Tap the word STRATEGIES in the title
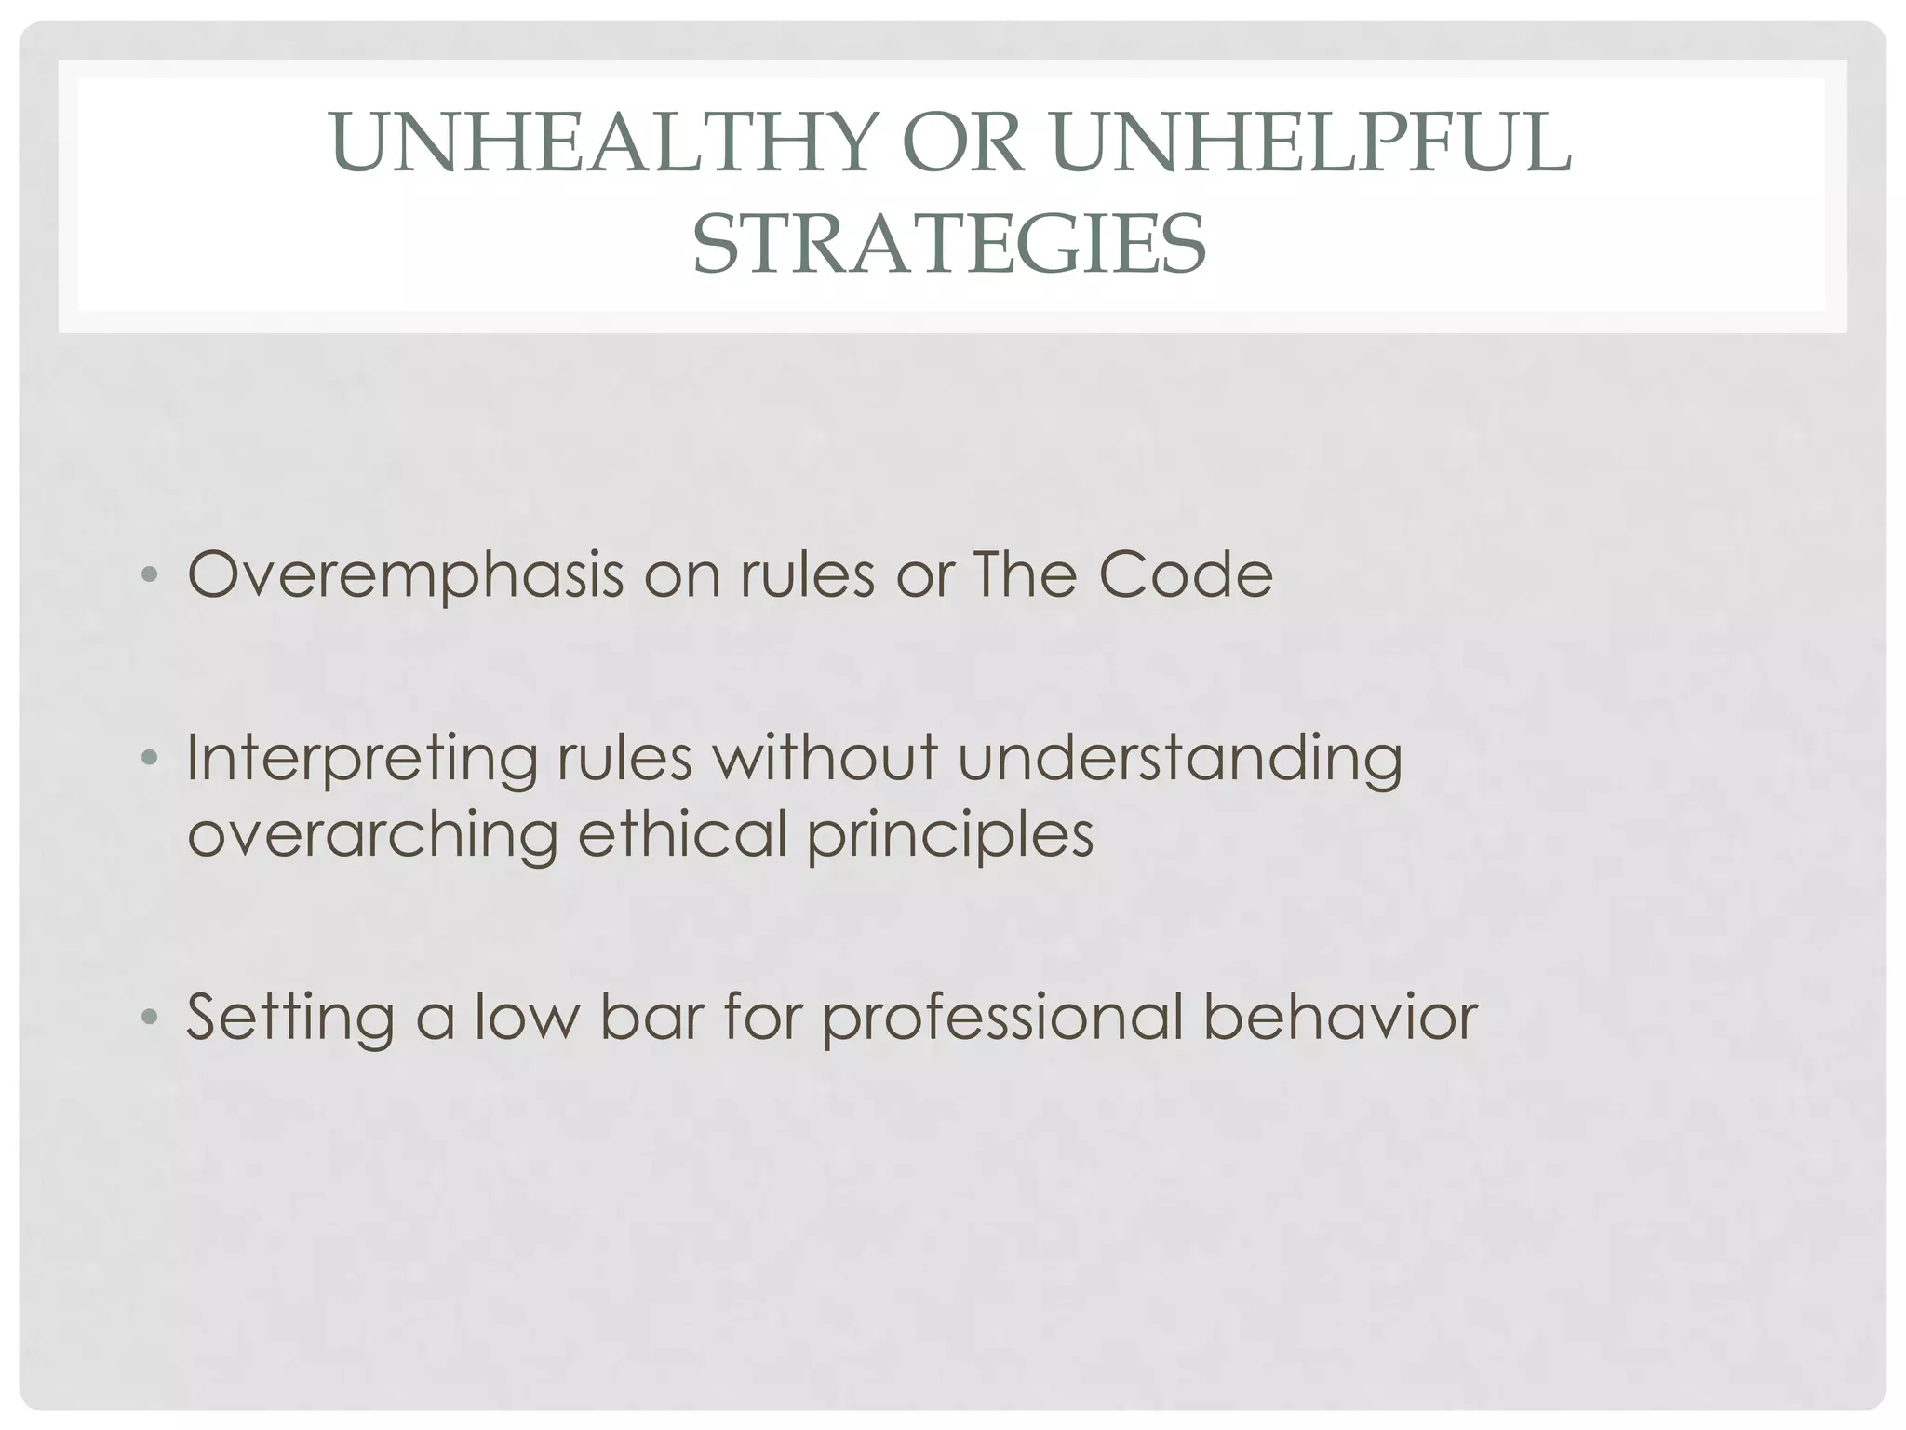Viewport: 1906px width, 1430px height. pos(949,244)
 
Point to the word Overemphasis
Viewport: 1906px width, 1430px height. pos(405,576)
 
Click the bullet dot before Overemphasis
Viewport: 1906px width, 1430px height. pos(148,577)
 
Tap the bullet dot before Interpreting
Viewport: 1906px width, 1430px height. pos(148,761)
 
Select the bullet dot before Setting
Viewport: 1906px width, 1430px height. pos(148,1019)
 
